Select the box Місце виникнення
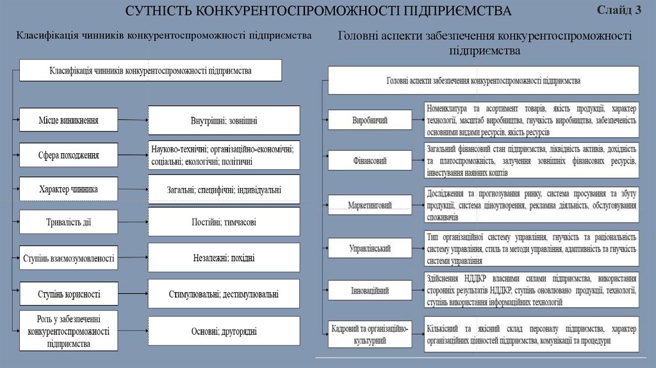coord(69,119)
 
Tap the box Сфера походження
coord(69,155)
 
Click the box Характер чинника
coord(69,189)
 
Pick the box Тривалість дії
coord(69,222)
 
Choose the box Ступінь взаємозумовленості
coord(69,258)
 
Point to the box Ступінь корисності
coord(69,294)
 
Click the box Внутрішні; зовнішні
coord(224,120)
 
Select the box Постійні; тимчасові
coord(224,222)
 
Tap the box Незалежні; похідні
coord(224,258)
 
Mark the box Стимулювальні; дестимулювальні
coord(224,294)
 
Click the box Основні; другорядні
coord(224,331)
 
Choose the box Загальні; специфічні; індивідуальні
coord(224,190)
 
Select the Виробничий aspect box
coord(370,120)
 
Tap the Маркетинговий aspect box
coord(370,205)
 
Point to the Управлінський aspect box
coord(370,248)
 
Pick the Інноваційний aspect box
coord(370,290)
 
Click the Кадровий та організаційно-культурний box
coord(370,333)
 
